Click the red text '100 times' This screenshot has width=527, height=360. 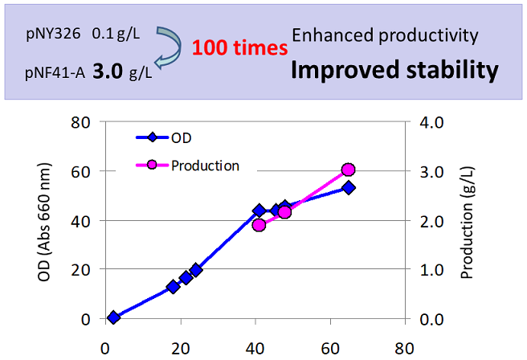[x=240, y=48]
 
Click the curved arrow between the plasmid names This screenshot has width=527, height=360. [x=170, y=51]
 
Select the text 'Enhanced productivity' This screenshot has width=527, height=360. [x=385, y=35]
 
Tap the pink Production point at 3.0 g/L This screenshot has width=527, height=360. [x=348, y=170]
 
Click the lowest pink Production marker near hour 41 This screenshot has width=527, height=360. [x=259, y=225]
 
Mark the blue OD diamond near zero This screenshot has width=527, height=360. [x=113, y=317]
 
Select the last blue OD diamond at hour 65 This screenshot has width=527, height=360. [x=348, y=187]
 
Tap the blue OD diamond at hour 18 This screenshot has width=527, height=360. [x=173, y=286]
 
